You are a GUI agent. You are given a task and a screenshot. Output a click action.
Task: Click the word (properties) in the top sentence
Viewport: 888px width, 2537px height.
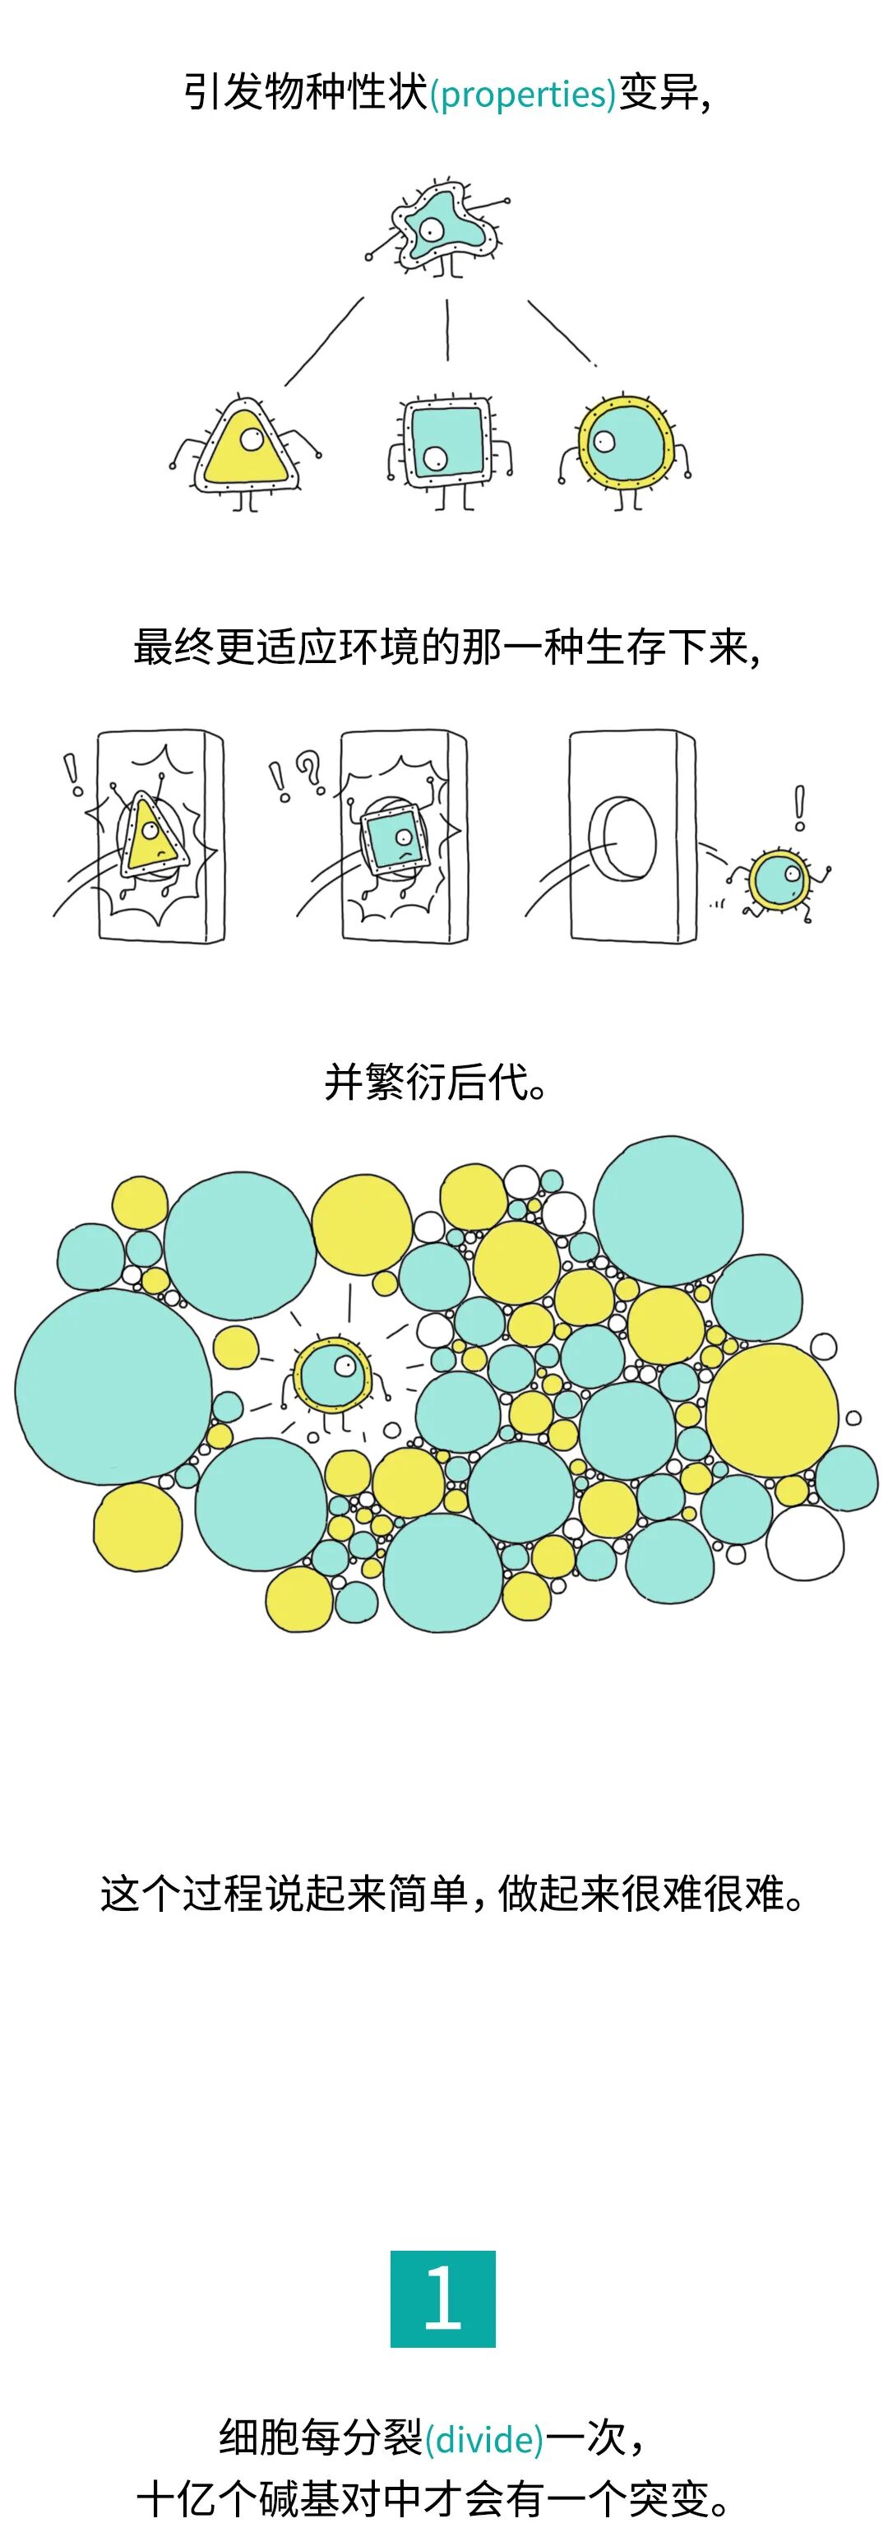(x=523, y=95)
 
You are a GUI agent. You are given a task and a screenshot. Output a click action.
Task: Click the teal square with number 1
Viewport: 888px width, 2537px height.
(x=443, y=2298)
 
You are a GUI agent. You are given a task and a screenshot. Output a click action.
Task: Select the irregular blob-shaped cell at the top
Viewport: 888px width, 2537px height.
(x=439, y=228)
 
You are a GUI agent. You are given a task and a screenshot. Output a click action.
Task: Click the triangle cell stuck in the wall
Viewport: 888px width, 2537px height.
(x=150, y=837)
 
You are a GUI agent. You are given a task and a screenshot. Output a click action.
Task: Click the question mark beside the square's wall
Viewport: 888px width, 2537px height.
(x=310, y=771)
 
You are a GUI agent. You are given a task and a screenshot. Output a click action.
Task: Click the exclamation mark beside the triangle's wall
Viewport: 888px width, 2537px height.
(x=72, y=774)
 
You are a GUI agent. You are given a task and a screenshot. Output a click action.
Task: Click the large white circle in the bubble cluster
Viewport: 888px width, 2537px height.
(x=804, y=1542)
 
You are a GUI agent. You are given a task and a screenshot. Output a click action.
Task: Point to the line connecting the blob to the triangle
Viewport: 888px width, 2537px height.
(x=324, y=341)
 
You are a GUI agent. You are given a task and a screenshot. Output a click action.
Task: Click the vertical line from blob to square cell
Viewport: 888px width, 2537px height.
(x=447, y=331)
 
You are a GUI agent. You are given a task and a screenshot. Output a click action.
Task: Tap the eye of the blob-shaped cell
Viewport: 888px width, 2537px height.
(x=430, y=230)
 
